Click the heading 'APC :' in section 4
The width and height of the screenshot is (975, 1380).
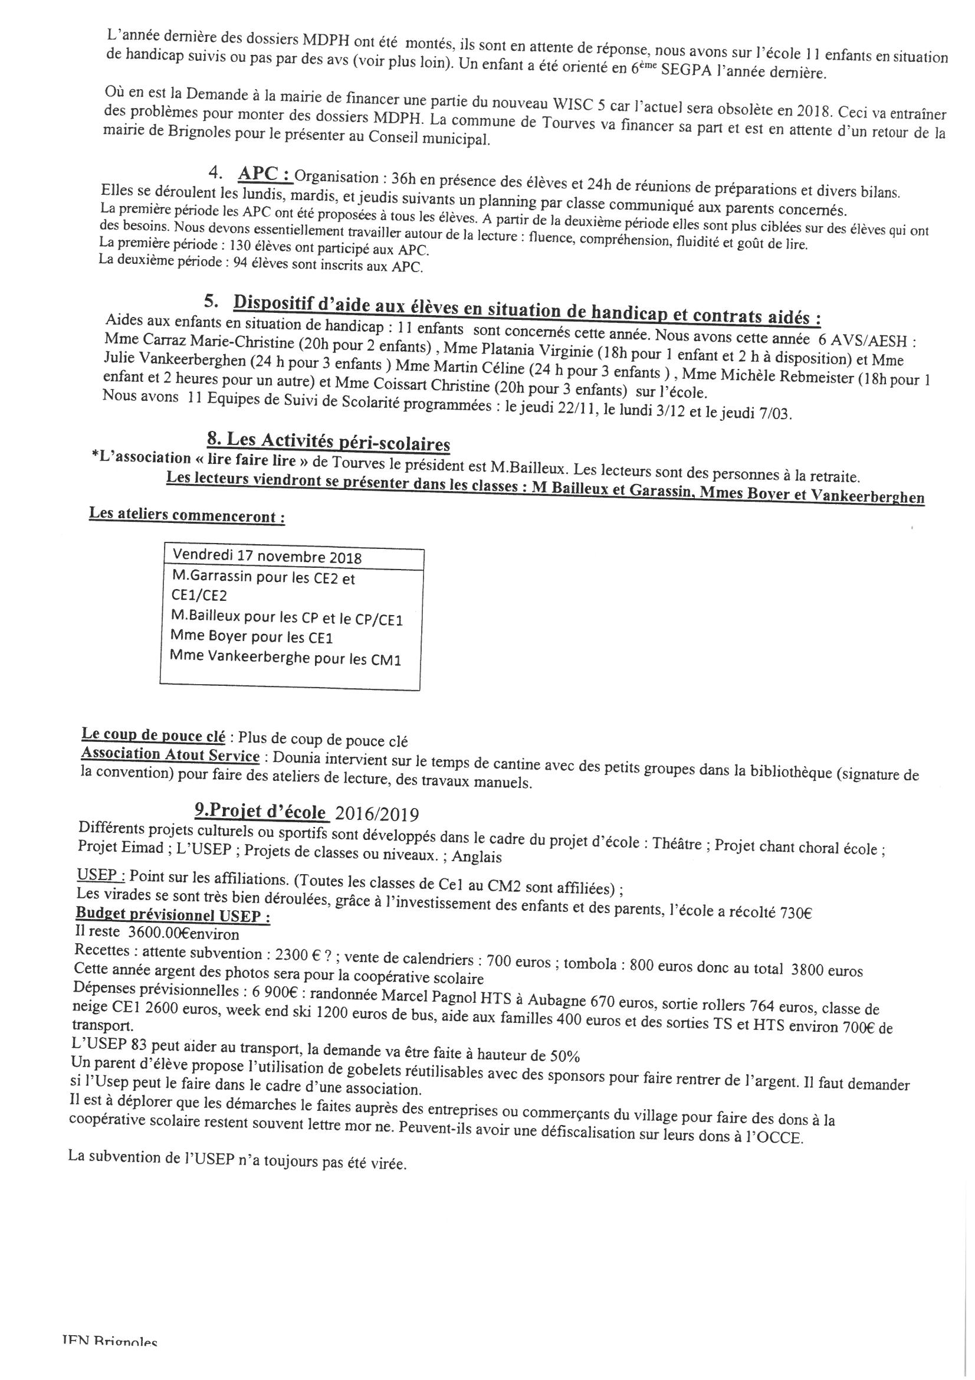pyautogui.click(x=265, y=174)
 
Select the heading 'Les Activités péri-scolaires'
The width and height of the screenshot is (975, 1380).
pyautogui.click(x=336, y=443)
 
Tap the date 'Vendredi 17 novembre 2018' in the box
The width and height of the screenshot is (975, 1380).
pyautogui.click(x=267, y=555)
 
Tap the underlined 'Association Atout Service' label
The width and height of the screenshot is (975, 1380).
pyautogui.click(x=170, y=754)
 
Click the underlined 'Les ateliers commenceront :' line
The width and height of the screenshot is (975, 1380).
pyautogui.click(x=187, y=516)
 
